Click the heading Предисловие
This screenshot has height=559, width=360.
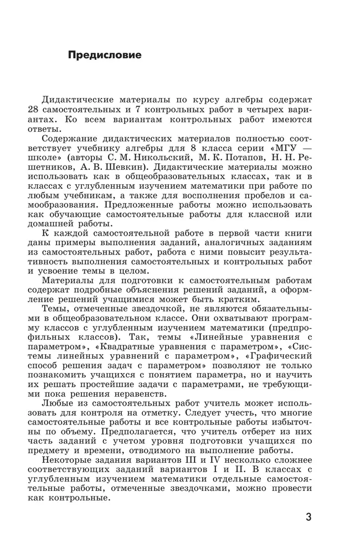click(x=104, y=55)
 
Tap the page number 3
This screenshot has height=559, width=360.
click(x=308, y=517)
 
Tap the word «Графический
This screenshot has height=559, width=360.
click(x=280, y=350)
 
